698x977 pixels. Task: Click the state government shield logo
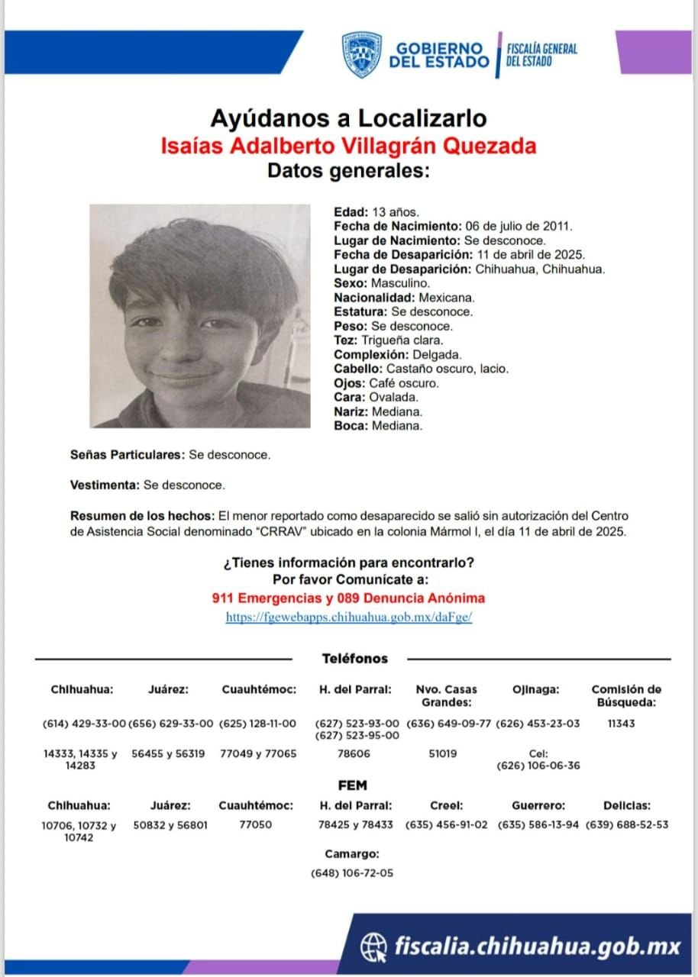(361, 55)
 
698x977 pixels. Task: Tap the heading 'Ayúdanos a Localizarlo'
(348, 118)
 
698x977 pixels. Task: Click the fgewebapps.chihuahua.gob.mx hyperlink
(348, 617)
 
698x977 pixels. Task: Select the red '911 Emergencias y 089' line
(348, 598)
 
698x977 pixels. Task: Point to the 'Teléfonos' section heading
(354, 658)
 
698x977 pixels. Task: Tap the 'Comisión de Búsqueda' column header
(626, 695)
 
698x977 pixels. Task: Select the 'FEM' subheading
(352, 785)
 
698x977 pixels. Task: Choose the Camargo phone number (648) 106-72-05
(352, 872)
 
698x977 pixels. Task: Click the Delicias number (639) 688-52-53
(626, 824)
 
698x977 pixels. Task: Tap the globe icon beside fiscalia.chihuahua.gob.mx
(373, 946)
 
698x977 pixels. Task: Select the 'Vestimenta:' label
(105, 485)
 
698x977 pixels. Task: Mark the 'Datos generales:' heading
(348, 170)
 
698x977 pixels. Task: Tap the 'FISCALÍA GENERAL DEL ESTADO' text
(541, 55)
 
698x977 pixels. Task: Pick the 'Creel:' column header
(446, 805)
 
